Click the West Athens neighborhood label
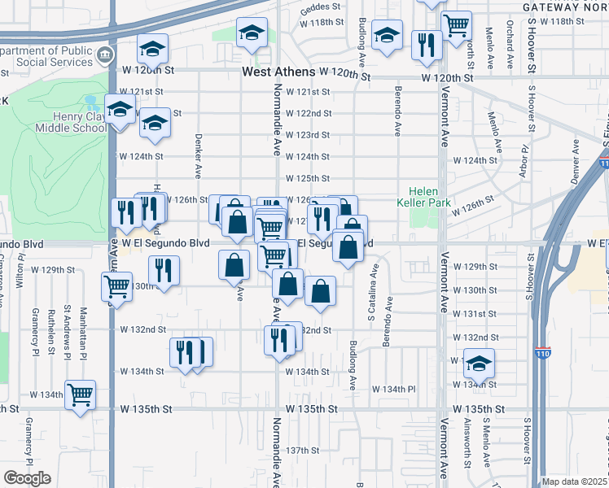click(x=277, y=72)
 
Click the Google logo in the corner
click(x=27, y=478)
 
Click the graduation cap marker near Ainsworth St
click(x=480, y=362)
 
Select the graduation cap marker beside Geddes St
click(x=252, y=33)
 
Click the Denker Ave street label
click(x=198, y=155)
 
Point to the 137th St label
click(x=302, y=450)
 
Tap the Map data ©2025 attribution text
click(x=575, y=481)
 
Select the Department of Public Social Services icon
click(x=104, y=56)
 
